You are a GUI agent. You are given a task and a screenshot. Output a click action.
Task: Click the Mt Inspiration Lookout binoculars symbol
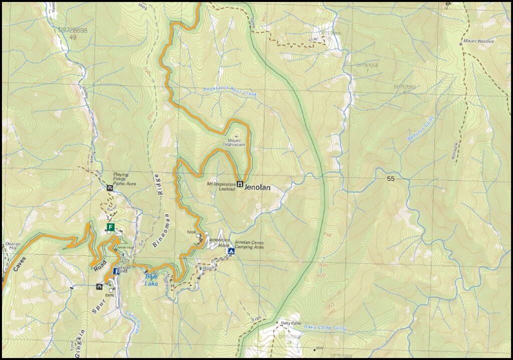[240, 184]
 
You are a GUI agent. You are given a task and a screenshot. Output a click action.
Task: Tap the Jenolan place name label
[258, 188]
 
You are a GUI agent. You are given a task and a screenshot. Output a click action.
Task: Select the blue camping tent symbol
[231, 251]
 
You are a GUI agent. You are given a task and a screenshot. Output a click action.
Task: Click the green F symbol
[110, 227]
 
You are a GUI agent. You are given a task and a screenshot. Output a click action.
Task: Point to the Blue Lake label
[151, 280]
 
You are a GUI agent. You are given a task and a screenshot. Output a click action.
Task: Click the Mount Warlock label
[478, 41]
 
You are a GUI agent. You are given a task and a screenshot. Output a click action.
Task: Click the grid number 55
[391, 179]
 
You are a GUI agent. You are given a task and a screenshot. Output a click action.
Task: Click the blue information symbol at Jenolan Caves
[116, 271]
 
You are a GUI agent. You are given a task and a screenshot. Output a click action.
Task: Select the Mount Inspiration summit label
[234, 143]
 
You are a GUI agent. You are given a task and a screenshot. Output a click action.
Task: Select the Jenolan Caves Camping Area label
[249, 244]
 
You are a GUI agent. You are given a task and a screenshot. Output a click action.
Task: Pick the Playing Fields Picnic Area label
[121, 179]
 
